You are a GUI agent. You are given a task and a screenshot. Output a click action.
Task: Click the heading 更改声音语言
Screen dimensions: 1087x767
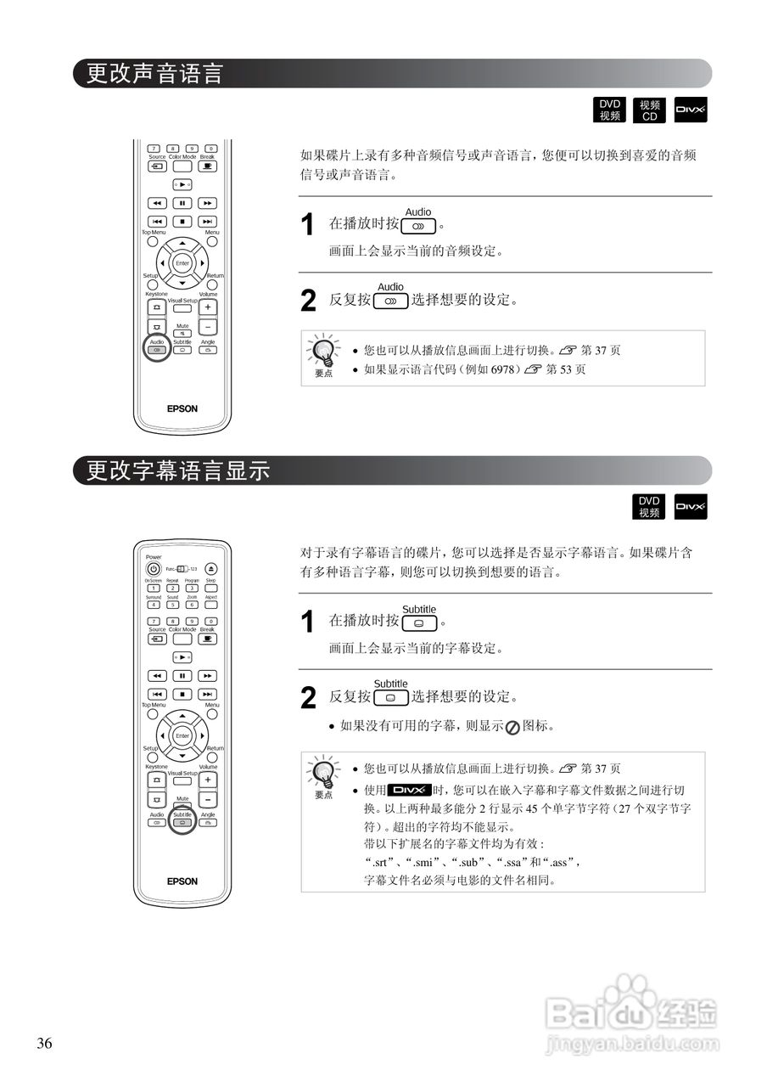[155, 74]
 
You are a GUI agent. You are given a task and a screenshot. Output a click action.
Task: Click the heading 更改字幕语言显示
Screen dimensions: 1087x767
[179, 470]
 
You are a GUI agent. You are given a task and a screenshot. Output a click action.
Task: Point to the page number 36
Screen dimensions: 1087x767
[45, 1044]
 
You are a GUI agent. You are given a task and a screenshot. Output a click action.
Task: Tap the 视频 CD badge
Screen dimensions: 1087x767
[650, 110]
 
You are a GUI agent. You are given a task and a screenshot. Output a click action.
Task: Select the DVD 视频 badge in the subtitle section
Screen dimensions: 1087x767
[649, 507]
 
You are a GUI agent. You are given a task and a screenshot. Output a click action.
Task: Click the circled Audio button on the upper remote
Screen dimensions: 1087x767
[157, 350]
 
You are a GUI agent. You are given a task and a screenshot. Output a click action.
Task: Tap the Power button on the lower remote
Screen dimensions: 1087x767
[154, 569]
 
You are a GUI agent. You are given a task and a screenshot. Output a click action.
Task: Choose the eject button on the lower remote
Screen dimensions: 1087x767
[210, 569]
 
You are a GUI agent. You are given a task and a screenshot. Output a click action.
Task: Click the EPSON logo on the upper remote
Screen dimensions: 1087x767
[182, 408]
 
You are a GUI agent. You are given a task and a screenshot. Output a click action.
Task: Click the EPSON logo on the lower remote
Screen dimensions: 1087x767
[182, 881]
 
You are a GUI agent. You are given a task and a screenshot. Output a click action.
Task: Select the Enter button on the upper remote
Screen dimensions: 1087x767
[182, 263]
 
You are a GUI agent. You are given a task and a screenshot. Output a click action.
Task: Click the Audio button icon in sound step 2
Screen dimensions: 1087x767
[390, 301]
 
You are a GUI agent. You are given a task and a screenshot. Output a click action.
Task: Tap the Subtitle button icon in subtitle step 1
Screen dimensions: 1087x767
[419, 622]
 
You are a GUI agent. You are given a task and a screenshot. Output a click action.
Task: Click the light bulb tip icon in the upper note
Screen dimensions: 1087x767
[323, 351]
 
